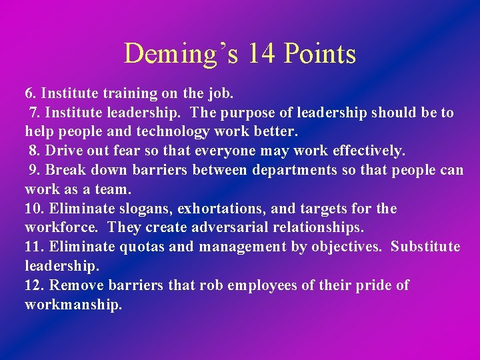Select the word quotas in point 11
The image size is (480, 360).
tap(142, 247)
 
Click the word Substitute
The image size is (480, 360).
tap(425, 247)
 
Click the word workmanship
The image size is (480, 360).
tap(73, 305)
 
